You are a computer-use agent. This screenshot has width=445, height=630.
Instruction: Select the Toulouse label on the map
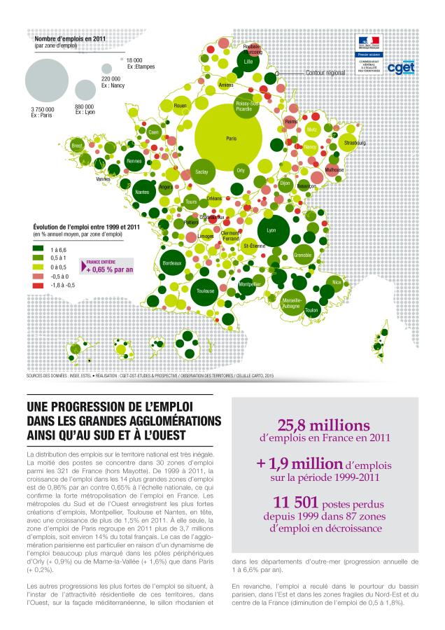pyautogui.click(x=205, y=290)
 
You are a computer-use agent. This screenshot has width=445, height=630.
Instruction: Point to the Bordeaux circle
pyautogui.click(x=173, y=263)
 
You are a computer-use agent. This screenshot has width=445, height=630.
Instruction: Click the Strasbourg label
pyautogui.click(x=353, y=143)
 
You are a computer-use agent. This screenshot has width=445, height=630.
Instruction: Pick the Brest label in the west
pyautogui.click(x=77, y=146)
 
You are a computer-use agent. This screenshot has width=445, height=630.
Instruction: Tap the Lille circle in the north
pyautogui.click(x=248, y=62)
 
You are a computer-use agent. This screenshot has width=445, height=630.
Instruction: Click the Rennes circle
pyautogui.click(x=134, y=162)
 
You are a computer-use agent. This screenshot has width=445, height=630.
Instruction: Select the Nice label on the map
pyautogui.click(x=337, y=282)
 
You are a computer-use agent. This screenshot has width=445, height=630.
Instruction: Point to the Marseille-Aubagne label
pyautogui.click(x=291, y=303)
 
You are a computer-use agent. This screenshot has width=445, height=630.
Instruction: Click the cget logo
pyautogui.click(x=401, y=68)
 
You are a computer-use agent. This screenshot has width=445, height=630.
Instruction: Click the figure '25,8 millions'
pyautogui.click(x=324, y=426)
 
